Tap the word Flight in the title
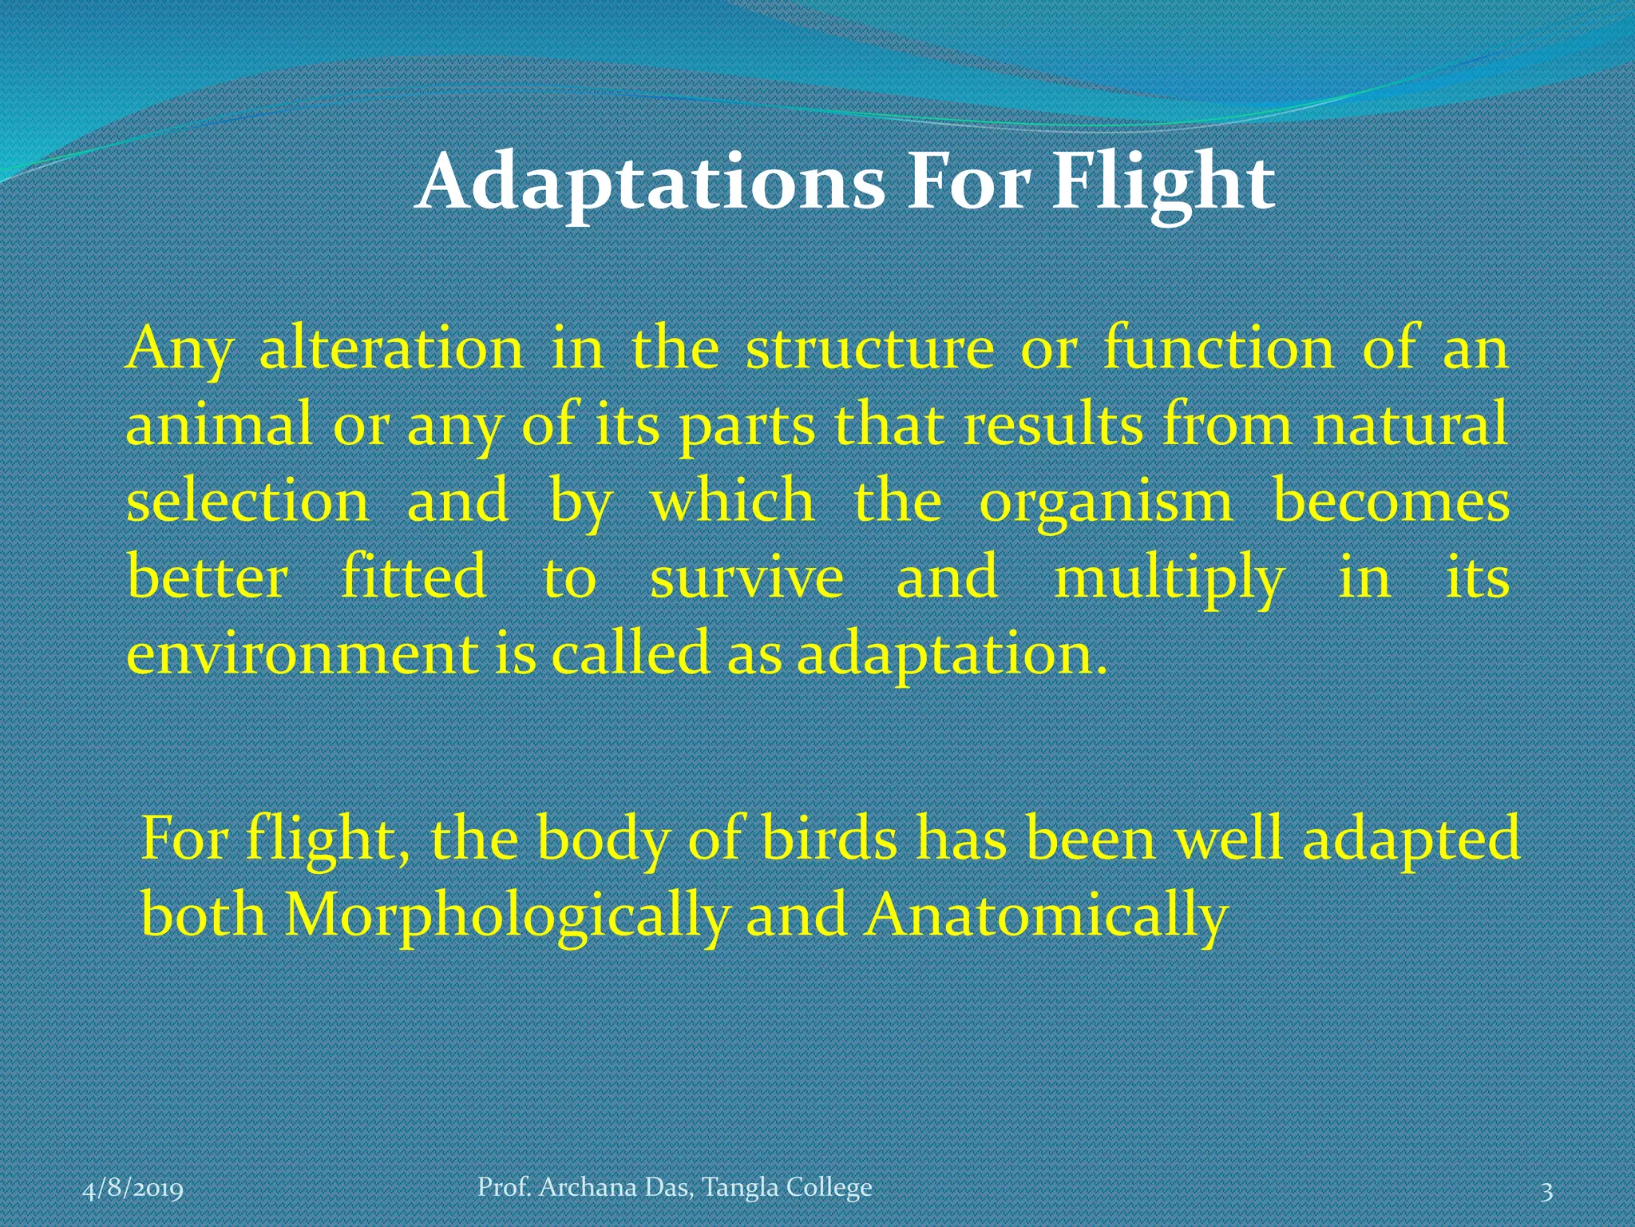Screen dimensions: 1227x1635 pos(1163,184)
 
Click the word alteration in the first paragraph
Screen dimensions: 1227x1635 pos(391,349)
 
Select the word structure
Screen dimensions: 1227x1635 pos(869,349)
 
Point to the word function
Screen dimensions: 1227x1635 pos(1218,349)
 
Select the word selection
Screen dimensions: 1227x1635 pos(247,502)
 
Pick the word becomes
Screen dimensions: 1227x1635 pos(1391,502)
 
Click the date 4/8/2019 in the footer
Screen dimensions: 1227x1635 pos(133,1189)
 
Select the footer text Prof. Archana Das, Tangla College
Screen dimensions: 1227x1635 pos(675,1187)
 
